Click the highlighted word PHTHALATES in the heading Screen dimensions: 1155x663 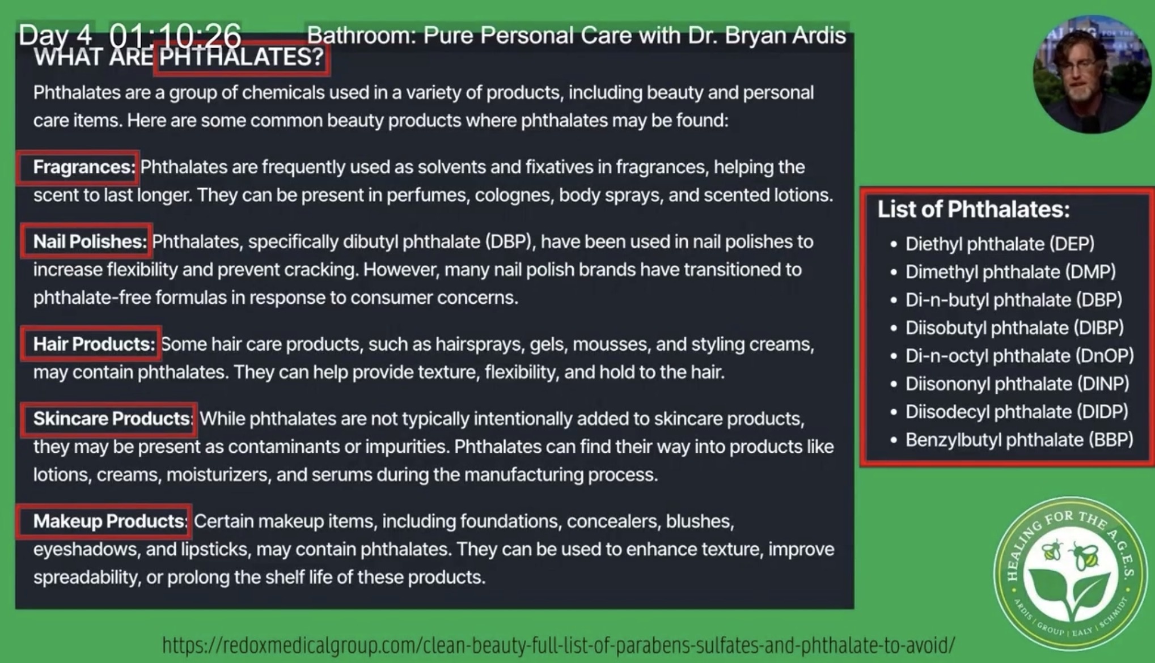(x=242, y=57)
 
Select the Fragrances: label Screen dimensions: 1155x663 (x=84, y=167)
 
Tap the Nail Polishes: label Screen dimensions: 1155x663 (x=90, y=241)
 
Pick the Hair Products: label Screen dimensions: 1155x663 (x=94, y=344)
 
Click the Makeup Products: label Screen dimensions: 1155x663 (x=110, y=521)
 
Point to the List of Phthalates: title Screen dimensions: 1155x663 (x=974, y=210)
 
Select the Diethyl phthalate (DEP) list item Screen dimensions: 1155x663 (x=1000, y=244)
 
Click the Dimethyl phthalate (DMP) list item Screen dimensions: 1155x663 (x=1010, y=272)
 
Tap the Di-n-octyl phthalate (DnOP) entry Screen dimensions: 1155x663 (x=1019, y=356)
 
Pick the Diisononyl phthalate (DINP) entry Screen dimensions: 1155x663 (x=1017, y=384)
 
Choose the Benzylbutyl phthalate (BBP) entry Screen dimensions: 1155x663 (x=1019, y=440)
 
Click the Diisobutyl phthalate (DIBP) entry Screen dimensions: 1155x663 (x=1014, y=328)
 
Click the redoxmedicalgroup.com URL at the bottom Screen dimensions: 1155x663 (x=559, y=645)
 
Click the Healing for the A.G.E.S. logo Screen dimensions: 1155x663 (x=1071, y=573)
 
